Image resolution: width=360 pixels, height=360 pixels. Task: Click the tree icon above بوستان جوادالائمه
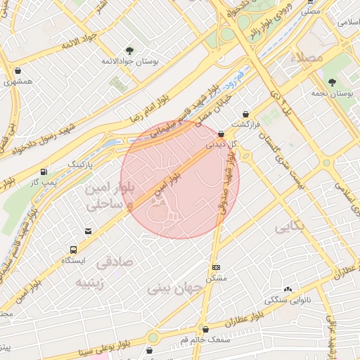(x=129, y=50)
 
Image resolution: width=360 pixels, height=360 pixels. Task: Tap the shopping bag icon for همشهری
(x=17, y=71)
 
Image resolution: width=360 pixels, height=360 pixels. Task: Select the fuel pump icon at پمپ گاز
(x=45, y=171)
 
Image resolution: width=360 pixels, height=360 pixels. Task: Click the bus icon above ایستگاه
(x=73, y=250)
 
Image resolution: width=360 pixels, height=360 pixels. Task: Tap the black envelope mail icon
(x=88, y=231)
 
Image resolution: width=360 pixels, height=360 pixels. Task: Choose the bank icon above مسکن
(x=215, y=267)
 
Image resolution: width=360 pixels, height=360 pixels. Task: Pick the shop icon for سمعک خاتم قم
(x=205, y=329)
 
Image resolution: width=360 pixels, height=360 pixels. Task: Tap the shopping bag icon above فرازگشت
(x=245, y=113)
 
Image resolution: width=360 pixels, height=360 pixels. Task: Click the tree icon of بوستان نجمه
(x=331, y=82)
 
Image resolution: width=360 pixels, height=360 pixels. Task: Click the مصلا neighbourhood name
(x=310, y=56)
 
